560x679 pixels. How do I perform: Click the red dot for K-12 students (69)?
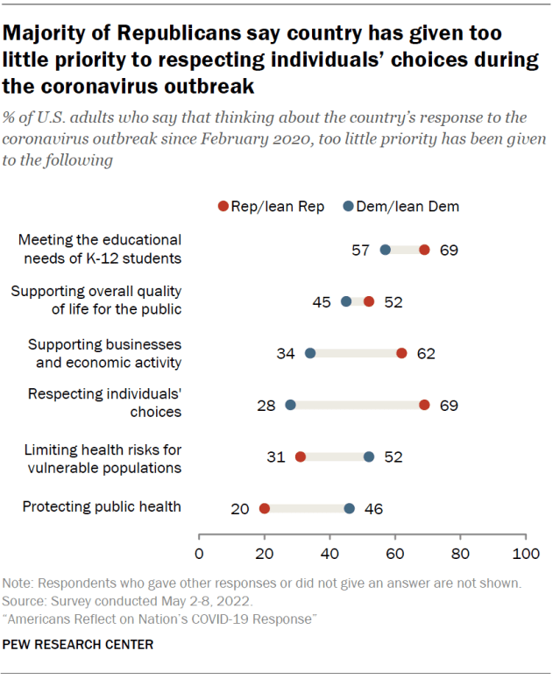(x=424, y=250)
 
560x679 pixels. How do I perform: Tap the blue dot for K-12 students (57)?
(x=386, y=250)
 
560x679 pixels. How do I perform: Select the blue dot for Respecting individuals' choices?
(x=291, y=405)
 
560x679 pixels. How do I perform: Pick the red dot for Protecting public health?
(x=265, y=508)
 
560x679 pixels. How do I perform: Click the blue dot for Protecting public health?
(x=350, y=508)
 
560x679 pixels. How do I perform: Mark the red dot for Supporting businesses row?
(x=401, y=353)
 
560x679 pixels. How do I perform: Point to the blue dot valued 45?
(x=346, y=301)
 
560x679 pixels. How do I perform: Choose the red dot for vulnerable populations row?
(x=301, y=456)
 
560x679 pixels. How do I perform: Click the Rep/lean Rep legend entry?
(x=271, y=207)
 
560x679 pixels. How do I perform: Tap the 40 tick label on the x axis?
(x=330, y=554)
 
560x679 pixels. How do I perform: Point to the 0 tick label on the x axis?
(x=200, y=554)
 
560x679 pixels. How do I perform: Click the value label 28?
(x=267, y=406)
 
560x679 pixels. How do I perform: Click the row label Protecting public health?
(x=102, y=506)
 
